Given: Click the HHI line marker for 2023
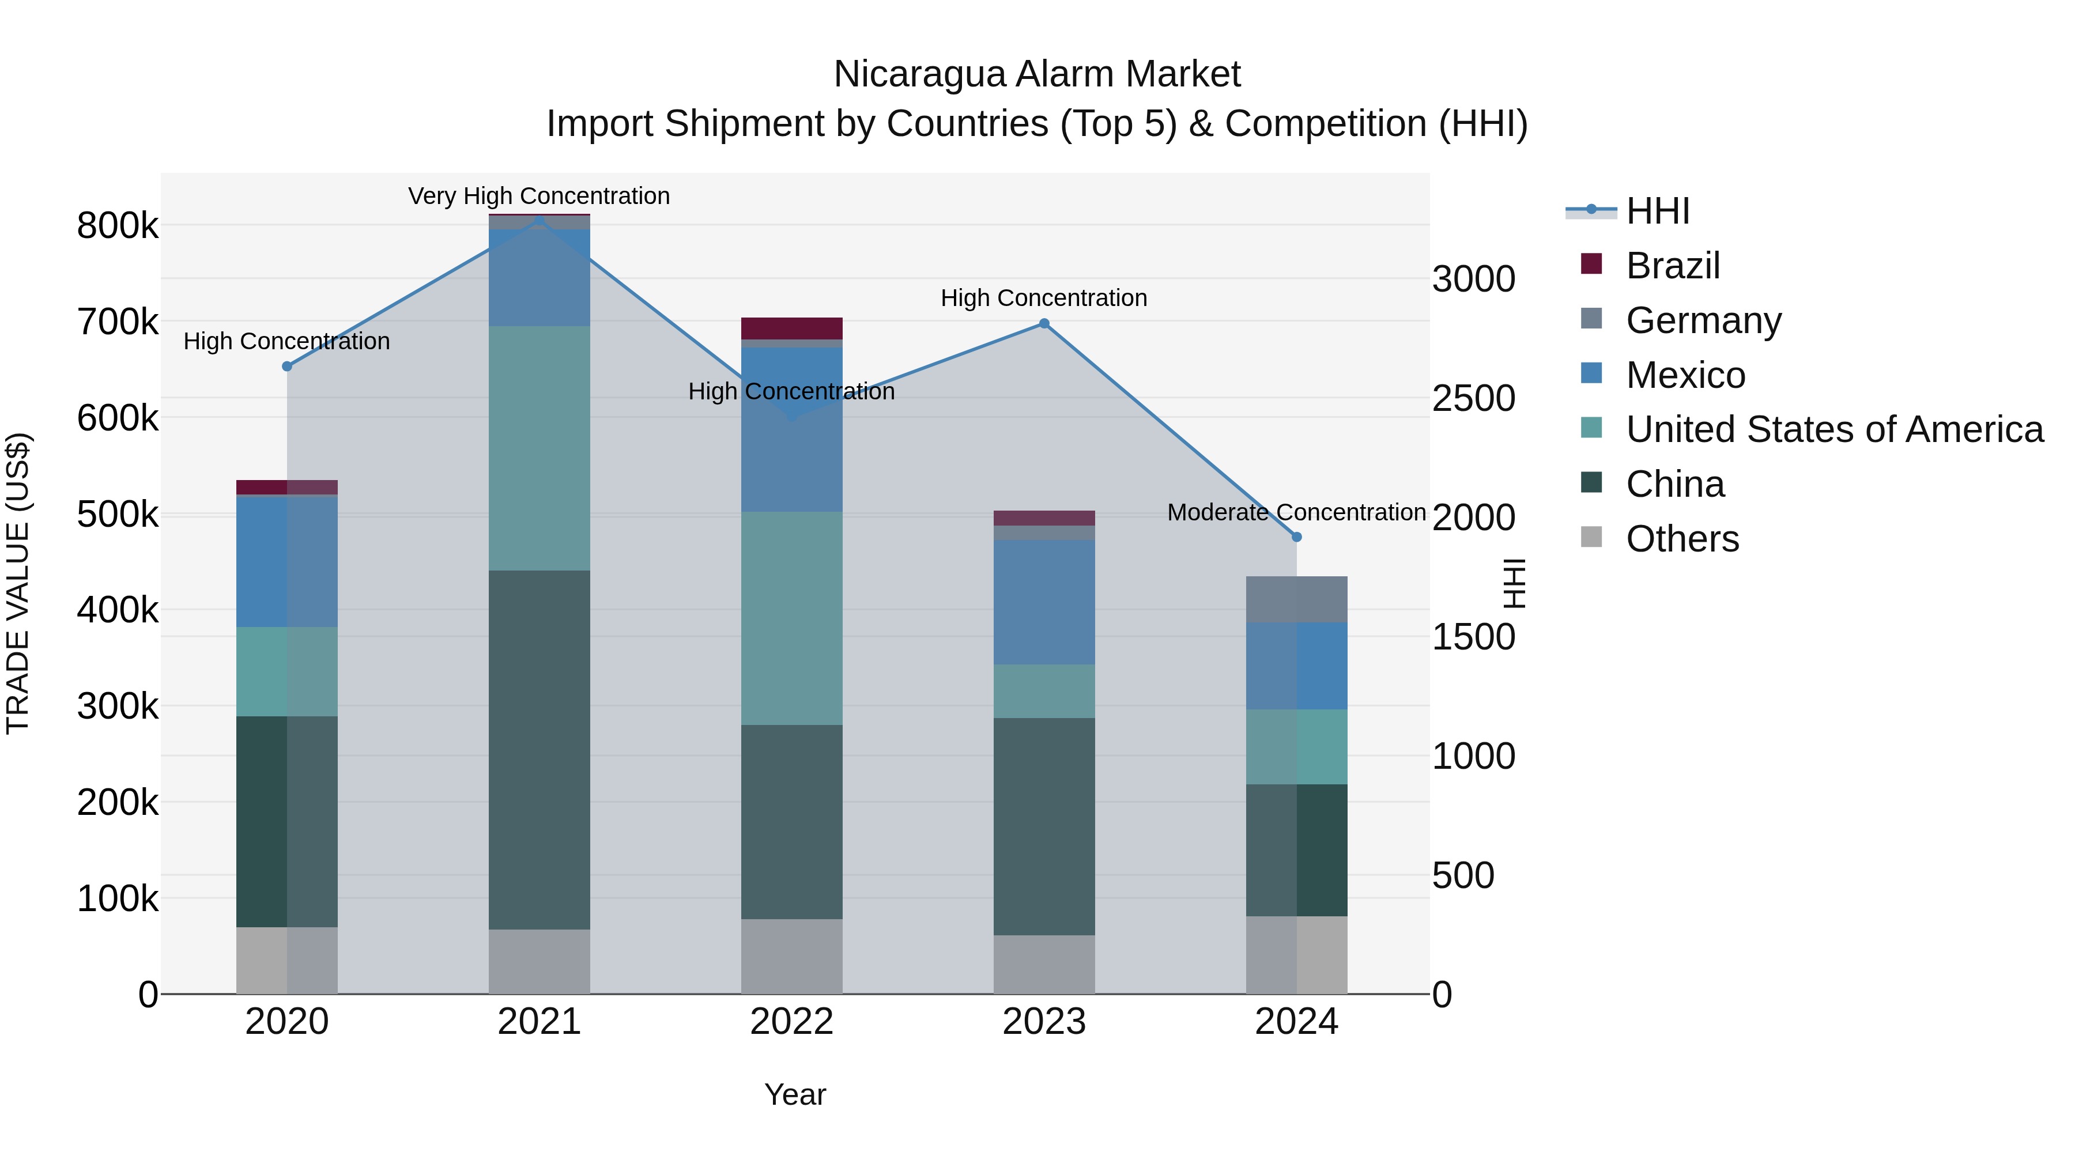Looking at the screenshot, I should (x=1044, y=324).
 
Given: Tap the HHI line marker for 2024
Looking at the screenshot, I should (x=1296, y=537).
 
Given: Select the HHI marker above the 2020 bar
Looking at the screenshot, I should (x=287, y=367).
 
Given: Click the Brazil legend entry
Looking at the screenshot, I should (x=1672, y=266).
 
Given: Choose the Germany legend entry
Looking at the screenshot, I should (x=1702, y=320).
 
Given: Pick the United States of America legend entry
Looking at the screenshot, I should (x=1833, y=429).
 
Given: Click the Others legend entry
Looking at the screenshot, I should (x=1681, y=539).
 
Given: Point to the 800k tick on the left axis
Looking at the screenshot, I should (x=118, y=225).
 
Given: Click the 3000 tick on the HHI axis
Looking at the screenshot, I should (x=1473, y=280).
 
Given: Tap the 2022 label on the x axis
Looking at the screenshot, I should (x=791, y=1022).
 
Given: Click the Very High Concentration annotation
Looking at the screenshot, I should (x=539, y=196).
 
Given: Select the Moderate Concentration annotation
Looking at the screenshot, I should (x=1296, y=512).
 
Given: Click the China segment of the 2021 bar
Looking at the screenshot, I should (x=539, y=749).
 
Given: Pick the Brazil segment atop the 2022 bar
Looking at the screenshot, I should (x=791, y=328).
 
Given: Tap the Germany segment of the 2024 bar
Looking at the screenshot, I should (x=1296, y=599).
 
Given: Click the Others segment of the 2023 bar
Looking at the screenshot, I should (x=1044, y=964).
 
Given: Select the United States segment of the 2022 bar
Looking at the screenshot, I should (x=791, y=618).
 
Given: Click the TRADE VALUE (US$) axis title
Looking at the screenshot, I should (x=18, y=583).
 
